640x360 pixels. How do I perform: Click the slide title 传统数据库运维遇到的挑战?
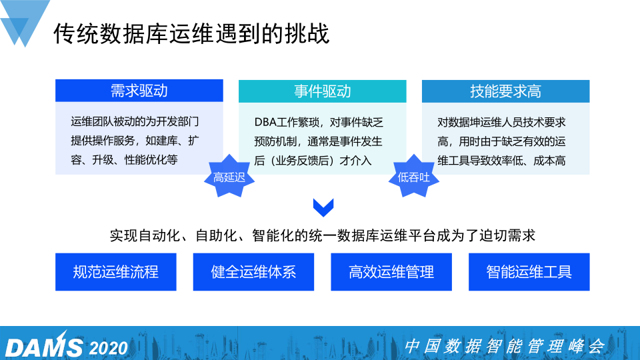(191, 33)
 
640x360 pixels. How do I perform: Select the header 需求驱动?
(139, 91)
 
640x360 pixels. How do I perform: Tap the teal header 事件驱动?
(323, 91)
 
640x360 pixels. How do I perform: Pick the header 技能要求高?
(506, 91)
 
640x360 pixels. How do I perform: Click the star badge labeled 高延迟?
(229, 176)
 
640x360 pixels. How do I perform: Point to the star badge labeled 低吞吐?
(413, 176)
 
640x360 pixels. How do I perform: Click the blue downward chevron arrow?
(323, 207)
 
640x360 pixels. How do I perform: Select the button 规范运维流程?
(116, 272)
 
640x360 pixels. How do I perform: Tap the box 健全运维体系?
(253, 272)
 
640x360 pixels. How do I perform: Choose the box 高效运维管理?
(391, 272)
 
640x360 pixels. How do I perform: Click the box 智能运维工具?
(529, 272)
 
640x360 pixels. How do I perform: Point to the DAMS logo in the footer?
(44, 346)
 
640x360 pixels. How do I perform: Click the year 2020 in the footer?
(109, 348)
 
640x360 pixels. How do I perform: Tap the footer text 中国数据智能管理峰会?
(505, 346)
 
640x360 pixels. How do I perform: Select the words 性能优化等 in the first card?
(151, 159)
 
